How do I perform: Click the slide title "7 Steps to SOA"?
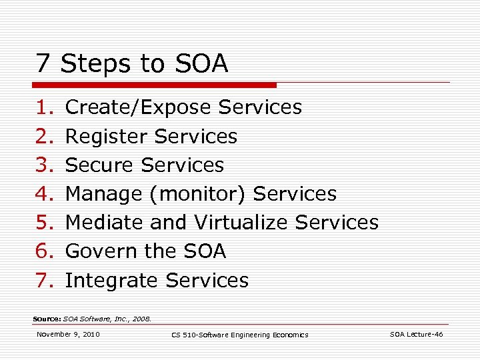pos(132,64)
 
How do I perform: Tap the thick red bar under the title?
pos(155,85)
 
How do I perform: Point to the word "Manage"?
pos(103,194)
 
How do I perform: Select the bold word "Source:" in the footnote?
pos(47,319)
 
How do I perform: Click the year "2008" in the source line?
pos(142,319)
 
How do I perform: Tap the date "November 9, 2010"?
pos(68,334)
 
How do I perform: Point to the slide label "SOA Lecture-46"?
pos(416,334)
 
